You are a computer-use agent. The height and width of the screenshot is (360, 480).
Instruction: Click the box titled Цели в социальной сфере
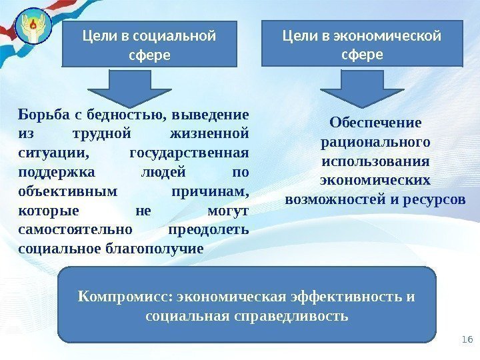(149, 44)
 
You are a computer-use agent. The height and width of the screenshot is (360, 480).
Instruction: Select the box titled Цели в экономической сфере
(362, 43)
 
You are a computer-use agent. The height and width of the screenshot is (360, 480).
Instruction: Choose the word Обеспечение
(375, 123)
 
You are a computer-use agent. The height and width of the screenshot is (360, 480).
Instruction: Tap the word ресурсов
(434, 199)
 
